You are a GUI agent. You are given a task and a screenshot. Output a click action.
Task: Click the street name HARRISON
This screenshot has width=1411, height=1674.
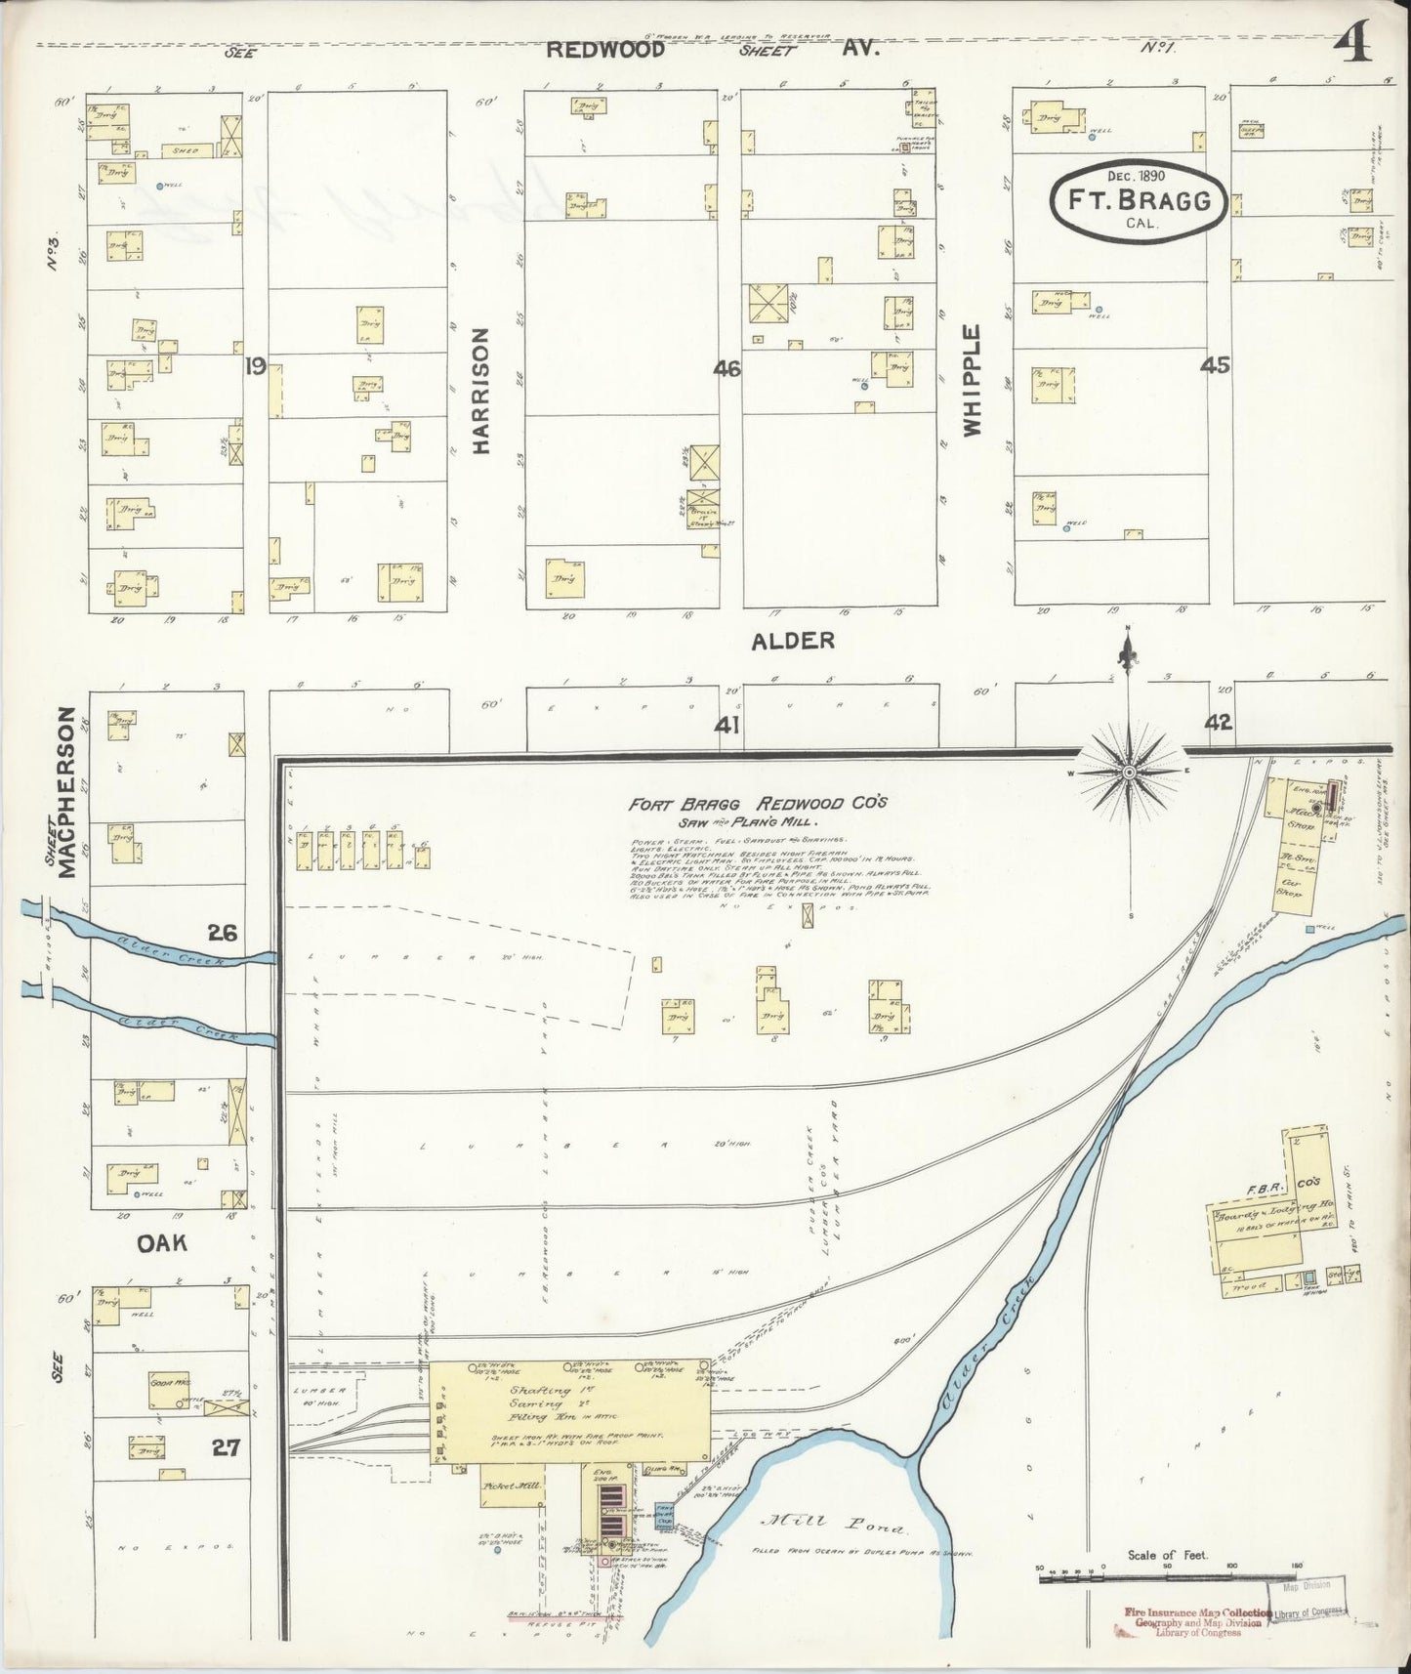(x=480, y=390)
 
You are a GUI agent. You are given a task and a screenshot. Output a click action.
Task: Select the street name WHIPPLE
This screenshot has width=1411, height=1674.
(x=972, y=380)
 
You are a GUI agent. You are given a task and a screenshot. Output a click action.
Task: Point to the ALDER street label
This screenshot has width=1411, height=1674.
(x=792, y=641)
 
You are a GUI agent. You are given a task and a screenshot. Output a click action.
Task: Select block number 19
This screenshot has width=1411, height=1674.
(x=256, y=366)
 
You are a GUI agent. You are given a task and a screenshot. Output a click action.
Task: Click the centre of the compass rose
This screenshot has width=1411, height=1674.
(x=1129, y=772)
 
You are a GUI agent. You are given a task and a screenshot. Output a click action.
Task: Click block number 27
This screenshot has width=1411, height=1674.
(x=226, y=1445)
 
